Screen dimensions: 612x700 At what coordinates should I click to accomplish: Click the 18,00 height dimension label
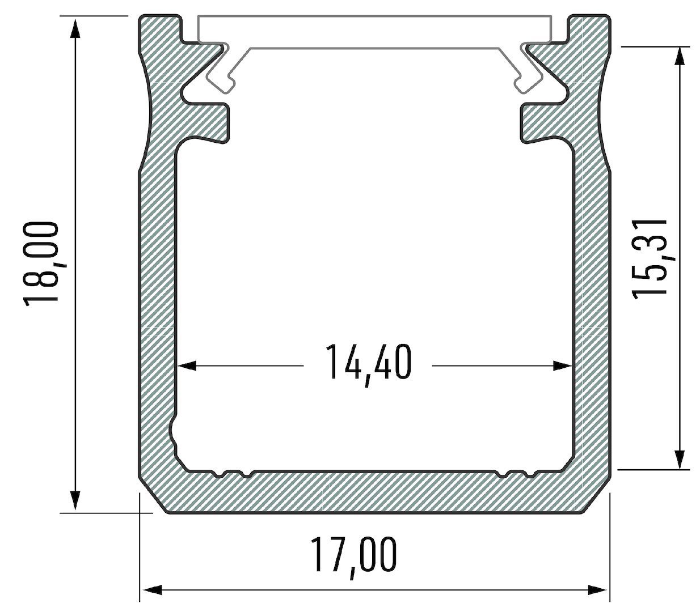[41, 262]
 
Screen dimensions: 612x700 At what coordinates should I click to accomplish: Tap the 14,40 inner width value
[368, 363]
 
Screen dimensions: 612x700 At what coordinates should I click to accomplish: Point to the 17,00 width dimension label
[353, 556]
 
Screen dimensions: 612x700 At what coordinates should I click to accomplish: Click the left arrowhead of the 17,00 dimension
[151, 590]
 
